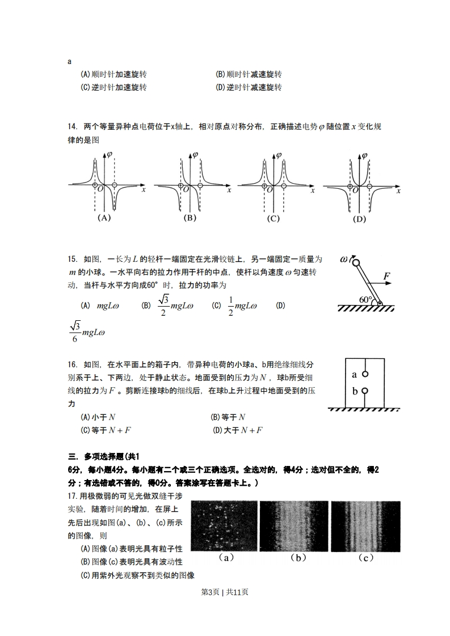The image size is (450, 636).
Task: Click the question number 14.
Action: click(73, 126)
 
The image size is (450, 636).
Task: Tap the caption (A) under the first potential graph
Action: click(103, 218)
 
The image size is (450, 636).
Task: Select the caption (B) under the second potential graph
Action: click(190, 218)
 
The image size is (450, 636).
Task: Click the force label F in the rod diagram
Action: click(386, 276)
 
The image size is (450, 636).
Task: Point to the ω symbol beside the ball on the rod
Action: click(344, 259)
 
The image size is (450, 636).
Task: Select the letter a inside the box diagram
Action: click(355, 374)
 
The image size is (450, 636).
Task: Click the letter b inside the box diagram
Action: click(355, 391)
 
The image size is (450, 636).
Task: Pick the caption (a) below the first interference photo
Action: click(226, 558)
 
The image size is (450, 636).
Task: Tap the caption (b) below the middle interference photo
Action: click(298, 558)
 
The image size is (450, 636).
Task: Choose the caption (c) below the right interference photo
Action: click(366, 558)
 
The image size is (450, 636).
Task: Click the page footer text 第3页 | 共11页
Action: click(225, 592)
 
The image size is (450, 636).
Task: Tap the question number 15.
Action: click(73, 259)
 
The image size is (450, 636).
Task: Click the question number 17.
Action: click(73, 496)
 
